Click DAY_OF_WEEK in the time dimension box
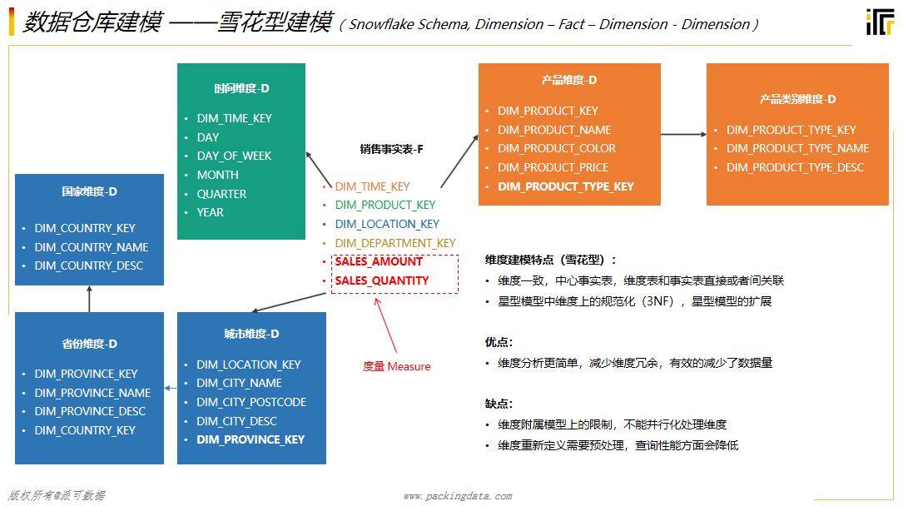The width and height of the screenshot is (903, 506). (234, 156)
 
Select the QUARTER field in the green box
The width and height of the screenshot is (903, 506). (221, 194)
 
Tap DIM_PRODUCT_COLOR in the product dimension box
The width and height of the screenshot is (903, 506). (557, 148)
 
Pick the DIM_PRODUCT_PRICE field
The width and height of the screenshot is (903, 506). (553, 167)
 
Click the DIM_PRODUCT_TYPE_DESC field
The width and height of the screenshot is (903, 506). (795, 167)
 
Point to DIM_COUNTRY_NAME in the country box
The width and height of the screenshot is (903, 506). (92, 247)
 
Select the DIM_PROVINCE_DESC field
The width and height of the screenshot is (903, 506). (90, 411)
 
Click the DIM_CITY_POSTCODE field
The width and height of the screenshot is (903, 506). (251, 402)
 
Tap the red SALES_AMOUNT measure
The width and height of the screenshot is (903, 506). (379, 261)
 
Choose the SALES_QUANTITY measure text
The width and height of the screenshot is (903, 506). (382, 280)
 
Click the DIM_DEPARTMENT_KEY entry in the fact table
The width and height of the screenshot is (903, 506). (395, 243)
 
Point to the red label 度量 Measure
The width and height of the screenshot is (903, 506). (397, 366)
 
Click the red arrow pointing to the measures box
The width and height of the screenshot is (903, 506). (386, 325)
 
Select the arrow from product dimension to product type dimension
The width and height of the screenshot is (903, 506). (683, 135)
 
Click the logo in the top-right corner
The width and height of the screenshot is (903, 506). (880, 22)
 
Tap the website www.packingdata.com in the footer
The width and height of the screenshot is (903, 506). (458, 496)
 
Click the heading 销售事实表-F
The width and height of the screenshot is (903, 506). (392, 149)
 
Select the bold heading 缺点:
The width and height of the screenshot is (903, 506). (499, 404)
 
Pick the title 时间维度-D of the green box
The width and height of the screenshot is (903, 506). (241, 88)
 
